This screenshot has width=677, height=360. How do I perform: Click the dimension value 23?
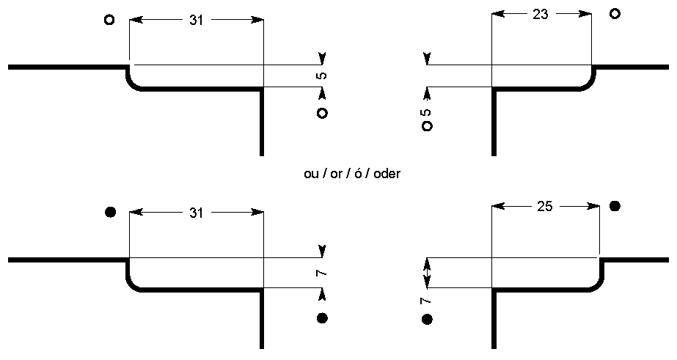point(541,14)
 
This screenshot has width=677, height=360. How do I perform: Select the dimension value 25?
point(544,207)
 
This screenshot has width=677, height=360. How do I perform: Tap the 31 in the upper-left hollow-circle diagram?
point(196,21)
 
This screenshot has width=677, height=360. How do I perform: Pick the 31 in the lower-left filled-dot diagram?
point(196,213)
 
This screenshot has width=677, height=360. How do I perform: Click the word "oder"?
point(387,175)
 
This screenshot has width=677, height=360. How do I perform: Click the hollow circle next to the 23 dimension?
point(615,13)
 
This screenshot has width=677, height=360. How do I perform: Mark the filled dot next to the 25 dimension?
point(615,206)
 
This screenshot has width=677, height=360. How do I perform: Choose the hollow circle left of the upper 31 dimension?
point(109,20)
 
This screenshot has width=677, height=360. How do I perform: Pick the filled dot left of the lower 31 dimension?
point(110,213)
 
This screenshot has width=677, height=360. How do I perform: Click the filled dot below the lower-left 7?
point(321,318)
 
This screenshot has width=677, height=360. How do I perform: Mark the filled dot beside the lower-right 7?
point(427,319)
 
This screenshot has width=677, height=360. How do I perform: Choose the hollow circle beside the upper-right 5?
point(427,126)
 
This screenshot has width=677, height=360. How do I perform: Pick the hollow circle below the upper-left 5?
point(321,113)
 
